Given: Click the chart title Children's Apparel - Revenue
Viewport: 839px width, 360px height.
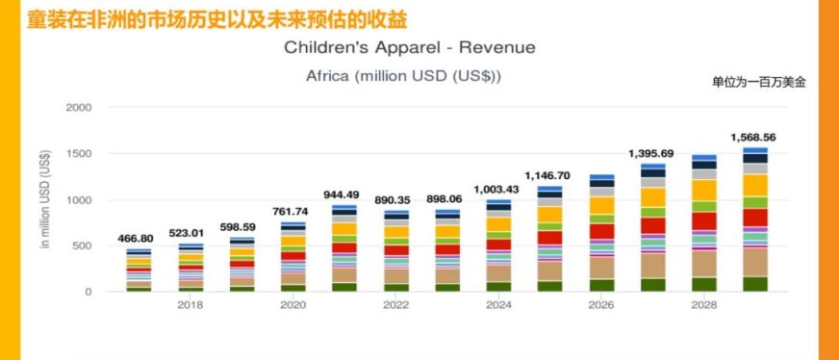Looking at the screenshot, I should pos(410,47).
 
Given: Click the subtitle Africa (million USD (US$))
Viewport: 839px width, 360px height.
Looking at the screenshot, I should pos(403,76).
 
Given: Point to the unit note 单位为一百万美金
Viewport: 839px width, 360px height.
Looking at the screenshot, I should pos(758,82).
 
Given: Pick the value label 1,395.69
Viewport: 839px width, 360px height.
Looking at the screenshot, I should pos(651,153).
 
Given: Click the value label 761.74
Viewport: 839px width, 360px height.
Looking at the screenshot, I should pos(292,211).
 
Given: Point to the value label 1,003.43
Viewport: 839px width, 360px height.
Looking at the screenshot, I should pos(497,189).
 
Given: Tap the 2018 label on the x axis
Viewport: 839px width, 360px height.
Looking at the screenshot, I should pos(191,305).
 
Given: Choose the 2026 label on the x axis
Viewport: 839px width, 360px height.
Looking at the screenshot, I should pos(601,305).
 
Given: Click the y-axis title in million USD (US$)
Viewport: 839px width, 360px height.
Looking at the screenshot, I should pos(44,200).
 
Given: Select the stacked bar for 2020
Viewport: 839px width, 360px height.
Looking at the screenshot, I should pos(292,257).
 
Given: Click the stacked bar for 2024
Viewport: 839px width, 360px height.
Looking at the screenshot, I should pos(498,246).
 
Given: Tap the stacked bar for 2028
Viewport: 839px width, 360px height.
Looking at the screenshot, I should pos(703,223).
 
